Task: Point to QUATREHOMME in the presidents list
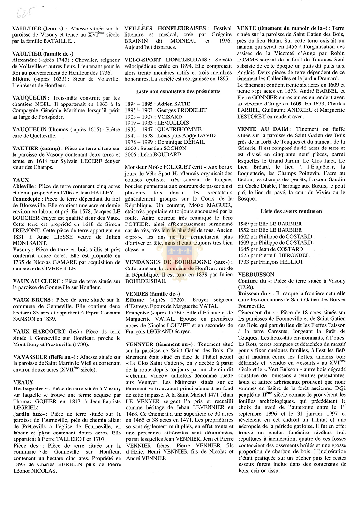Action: [x=180, y=129]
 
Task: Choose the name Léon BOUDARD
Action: [x=165, y=154]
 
